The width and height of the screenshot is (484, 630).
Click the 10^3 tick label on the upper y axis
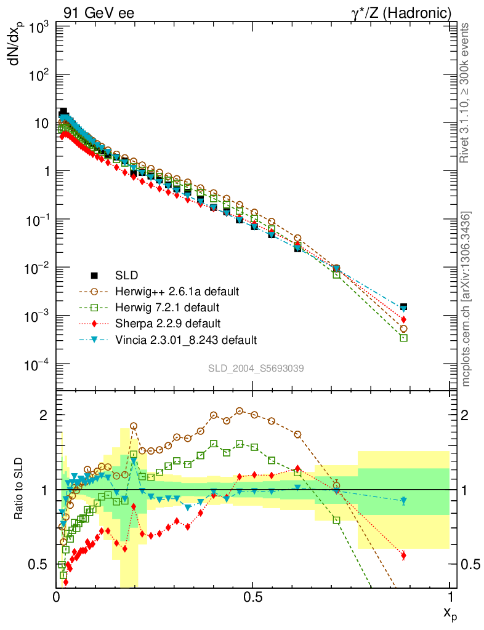pyautogui.click(x=37, y=27)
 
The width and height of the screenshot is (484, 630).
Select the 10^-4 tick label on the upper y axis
pyautogui.click(x=36, y=364)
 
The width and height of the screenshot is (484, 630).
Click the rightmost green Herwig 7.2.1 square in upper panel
pyautogui.click(x=403, y=338)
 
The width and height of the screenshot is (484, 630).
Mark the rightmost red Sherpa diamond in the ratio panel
pyautogui.click(x=403, y=556)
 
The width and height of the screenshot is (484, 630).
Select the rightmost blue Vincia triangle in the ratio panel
pyautogui.click(x=403, y=501)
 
